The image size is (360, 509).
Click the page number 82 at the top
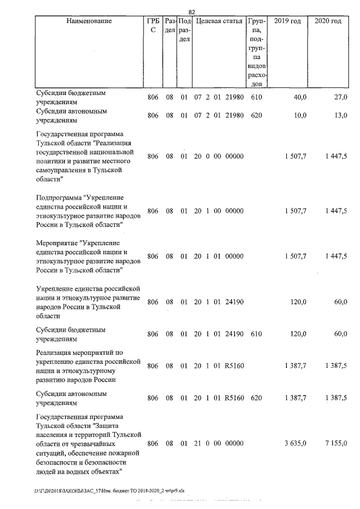click(x=191, y=12)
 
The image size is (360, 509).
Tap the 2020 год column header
click(x=328, y=21)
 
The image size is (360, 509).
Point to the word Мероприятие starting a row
click(x=57, y=243)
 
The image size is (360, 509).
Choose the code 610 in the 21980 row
click(x=256, y=98)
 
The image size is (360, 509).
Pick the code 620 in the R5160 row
click(x=256, y=398)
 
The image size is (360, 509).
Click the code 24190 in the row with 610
click(x=233, y=334)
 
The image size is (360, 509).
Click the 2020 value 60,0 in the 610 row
click(x=340, y=334)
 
